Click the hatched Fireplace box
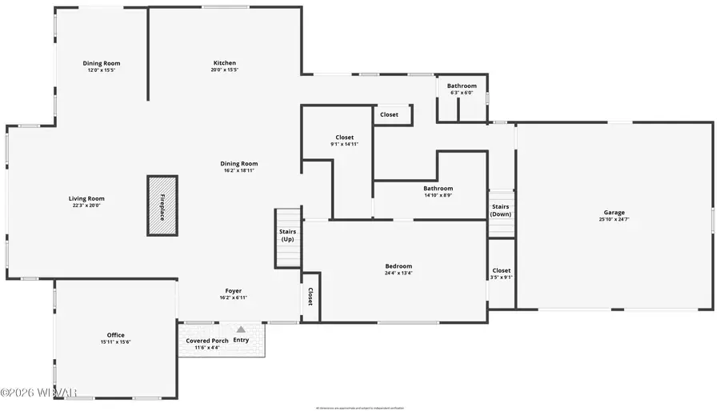click(162, 205)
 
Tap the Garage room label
click(614, 213)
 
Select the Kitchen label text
click(224, 63)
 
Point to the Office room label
click(116, 335)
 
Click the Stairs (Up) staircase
click(287, 237)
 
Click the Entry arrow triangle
click(241, 329)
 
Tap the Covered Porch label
click(207, 341)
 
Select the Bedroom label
click(398, 266)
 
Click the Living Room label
click(86, 199)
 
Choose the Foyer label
click(234, 291)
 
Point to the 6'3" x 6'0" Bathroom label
click(462, 86)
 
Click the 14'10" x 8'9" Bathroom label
click(438, 189)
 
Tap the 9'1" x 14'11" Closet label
click(344, 138)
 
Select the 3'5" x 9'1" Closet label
click(501, 271)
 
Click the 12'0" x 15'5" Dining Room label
click(102, 63)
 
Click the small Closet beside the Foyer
click(310, 297)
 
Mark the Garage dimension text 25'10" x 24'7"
click(614, 219)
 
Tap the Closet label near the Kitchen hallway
click(389, 115)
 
